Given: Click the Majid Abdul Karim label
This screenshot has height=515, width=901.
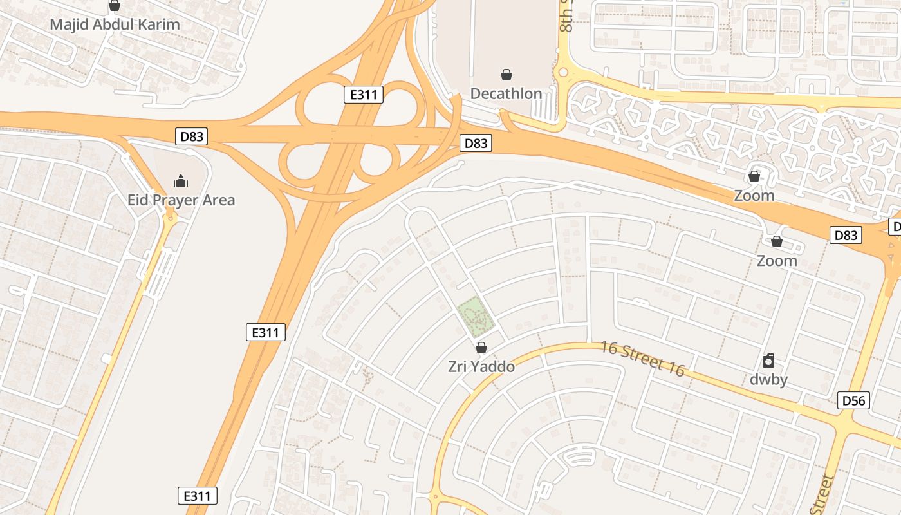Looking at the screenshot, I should (x=115, y=25).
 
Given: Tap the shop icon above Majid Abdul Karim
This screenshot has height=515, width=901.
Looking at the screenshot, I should (x=115, y=6).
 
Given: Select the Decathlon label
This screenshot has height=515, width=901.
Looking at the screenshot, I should (x=506, y=94).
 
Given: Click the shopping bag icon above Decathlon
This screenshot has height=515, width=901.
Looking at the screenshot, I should (x=506, y=75).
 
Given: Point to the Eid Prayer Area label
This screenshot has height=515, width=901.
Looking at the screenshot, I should (x=181, y=200).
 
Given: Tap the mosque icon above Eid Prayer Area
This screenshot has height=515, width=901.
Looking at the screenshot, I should (x=181, y=181).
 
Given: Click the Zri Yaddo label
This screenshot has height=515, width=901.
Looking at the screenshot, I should (x=481, y=367).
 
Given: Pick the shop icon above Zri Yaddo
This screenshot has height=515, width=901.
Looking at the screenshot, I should (x=481, y=348).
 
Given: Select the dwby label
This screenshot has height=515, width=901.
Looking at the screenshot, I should (x=768, y=380).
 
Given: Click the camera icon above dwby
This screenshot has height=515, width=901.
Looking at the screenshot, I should (x=768, y=360).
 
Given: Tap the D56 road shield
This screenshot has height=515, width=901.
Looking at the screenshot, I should (x=854, y=401).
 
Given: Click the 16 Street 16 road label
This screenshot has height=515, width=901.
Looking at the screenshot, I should (x=642, y=358).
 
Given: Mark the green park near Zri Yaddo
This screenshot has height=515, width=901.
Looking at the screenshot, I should (x=476, y=315).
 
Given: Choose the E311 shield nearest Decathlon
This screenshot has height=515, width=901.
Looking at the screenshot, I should (x=363, y=95).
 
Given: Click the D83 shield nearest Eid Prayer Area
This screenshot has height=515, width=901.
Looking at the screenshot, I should (x=192, y=136).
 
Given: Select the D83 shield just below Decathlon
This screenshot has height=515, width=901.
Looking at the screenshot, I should (x=476, y=144).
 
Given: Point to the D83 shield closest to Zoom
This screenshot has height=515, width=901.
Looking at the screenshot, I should (x=845, y=236).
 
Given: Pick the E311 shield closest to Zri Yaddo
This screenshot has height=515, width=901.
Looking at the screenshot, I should (x=265, y=333).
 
